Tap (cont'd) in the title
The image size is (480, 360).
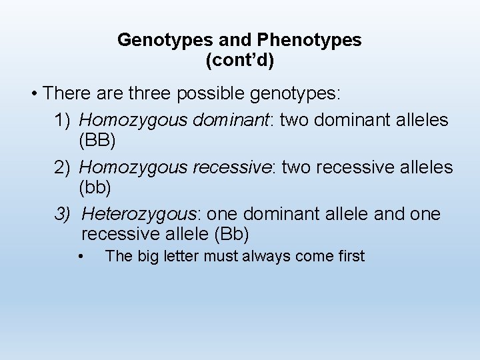point(240,61)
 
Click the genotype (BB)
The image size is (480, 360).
point(97,141)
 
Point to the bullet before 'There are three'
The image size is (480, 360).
point(35,93)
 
